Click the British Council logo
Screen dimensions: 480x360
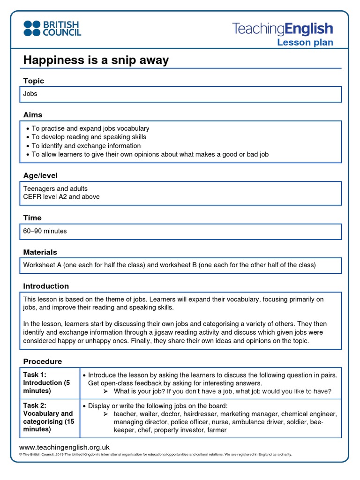[x=52, y=28]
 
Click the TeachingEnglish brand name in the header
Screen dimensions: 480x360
[x=283, y=29]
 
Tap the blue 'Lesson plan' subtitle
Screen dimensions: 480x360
[x=305, y=43]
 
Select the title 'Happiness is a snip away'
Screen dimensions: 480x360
[x=96, y=60]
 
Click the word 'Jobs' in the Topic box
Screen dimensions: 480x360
[x=30, y=94]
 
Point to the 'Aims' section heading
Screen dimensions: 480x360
[x=33, y=115]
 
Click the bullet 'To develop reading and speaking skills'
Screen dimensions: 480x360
[x=89, y=137]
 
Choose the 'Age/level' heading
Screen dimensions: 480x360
[x=40, y=176]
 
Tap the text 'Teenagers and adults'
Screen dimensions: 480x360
[x=55, y=188]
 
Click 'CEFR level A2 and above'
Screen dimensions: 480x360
[x=61, y=197]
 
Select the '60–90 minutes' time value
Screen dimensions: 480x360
[x=45, y=231]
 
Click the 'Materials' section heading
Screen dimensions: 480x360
[x=40, y=252]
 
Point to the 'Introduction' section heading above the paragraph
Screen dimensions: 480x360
[x=46, y=286]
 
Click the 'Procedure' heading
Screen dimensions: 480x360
[x=42, y=361]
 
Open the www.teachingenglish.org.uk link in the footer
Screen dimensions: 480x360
[x=64, y=447]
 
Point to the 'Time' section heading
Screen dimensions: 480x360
[x=32, y=218]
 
